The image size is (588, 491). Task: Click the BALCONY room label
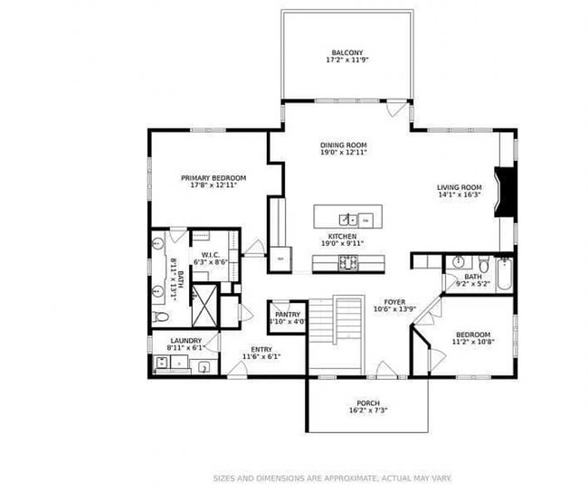(347, 52)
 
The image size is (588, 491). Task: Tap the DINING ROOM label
(343, 145)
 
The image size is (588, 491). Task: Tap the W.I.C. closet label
(212, 255)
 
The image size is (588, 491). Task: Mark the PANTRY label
(288, 315)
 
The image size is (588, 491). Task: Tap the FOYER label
(394, 303)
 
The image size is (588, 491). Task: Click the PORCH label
(367, 403)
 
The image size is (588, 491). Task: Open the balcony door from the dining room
(391, 109)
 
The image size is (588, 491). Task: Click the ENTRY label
(261, 349)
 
